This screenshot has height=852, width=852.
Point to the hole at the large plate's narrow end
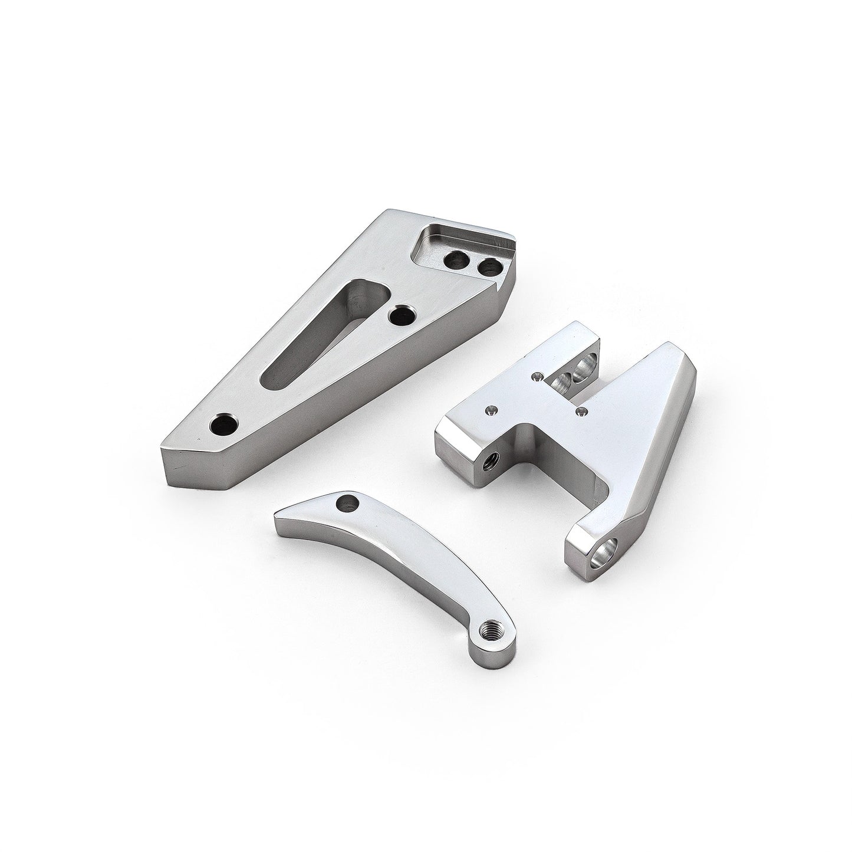click(225, 424)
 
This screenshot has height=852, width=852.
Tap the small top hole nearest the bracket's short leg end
click(489, 408)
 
